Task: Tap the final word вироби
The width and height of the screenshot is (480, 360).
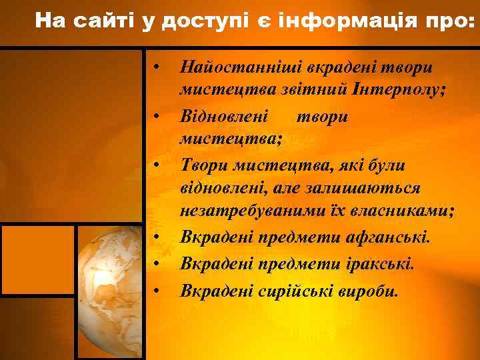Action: pos(371,290)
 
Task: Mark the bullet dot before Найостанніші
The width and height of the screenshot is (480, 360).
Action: pos(155,67)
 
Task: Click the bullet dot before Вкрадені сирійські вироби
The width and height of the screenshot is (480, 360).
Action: pos(155,290)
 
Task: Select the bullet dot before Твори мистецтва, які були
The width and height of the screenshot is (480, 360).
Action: pos(155,163)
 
